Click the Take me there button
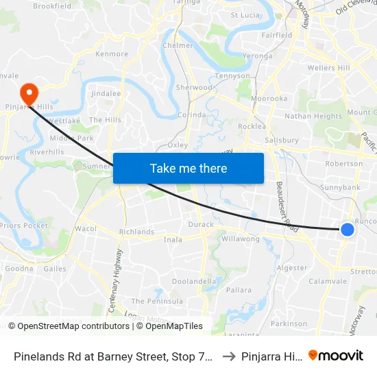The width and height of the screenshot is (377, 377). (188, 168)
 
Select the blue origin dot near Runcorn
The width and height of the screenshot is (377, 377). (348, 230)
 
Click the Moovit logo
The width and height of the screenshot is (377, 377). (336, 355)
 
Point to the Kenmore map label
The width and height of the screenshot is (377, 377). (112, 53)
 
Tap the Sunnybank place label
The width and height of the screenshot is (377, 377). (341, 186)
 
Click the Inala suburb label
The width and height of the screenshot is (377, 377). (173, 240)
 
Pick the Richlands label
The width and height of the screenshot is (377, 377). (136, 232)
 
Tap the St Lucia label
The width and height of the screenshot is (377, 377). (244, 14)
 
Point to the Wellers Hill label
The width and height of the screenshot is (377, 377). (329, 68)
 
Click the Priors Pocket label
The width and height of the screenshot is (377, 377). (25, 226)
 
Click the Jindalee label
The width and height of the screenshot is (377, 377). (106, 93)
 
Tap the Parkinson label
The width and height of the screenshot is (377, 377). (289, 323)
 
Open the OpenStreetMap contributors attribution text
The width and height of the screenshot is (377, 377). (69, 326)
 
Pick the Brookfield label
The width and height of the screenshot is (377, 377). (52, 6)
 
